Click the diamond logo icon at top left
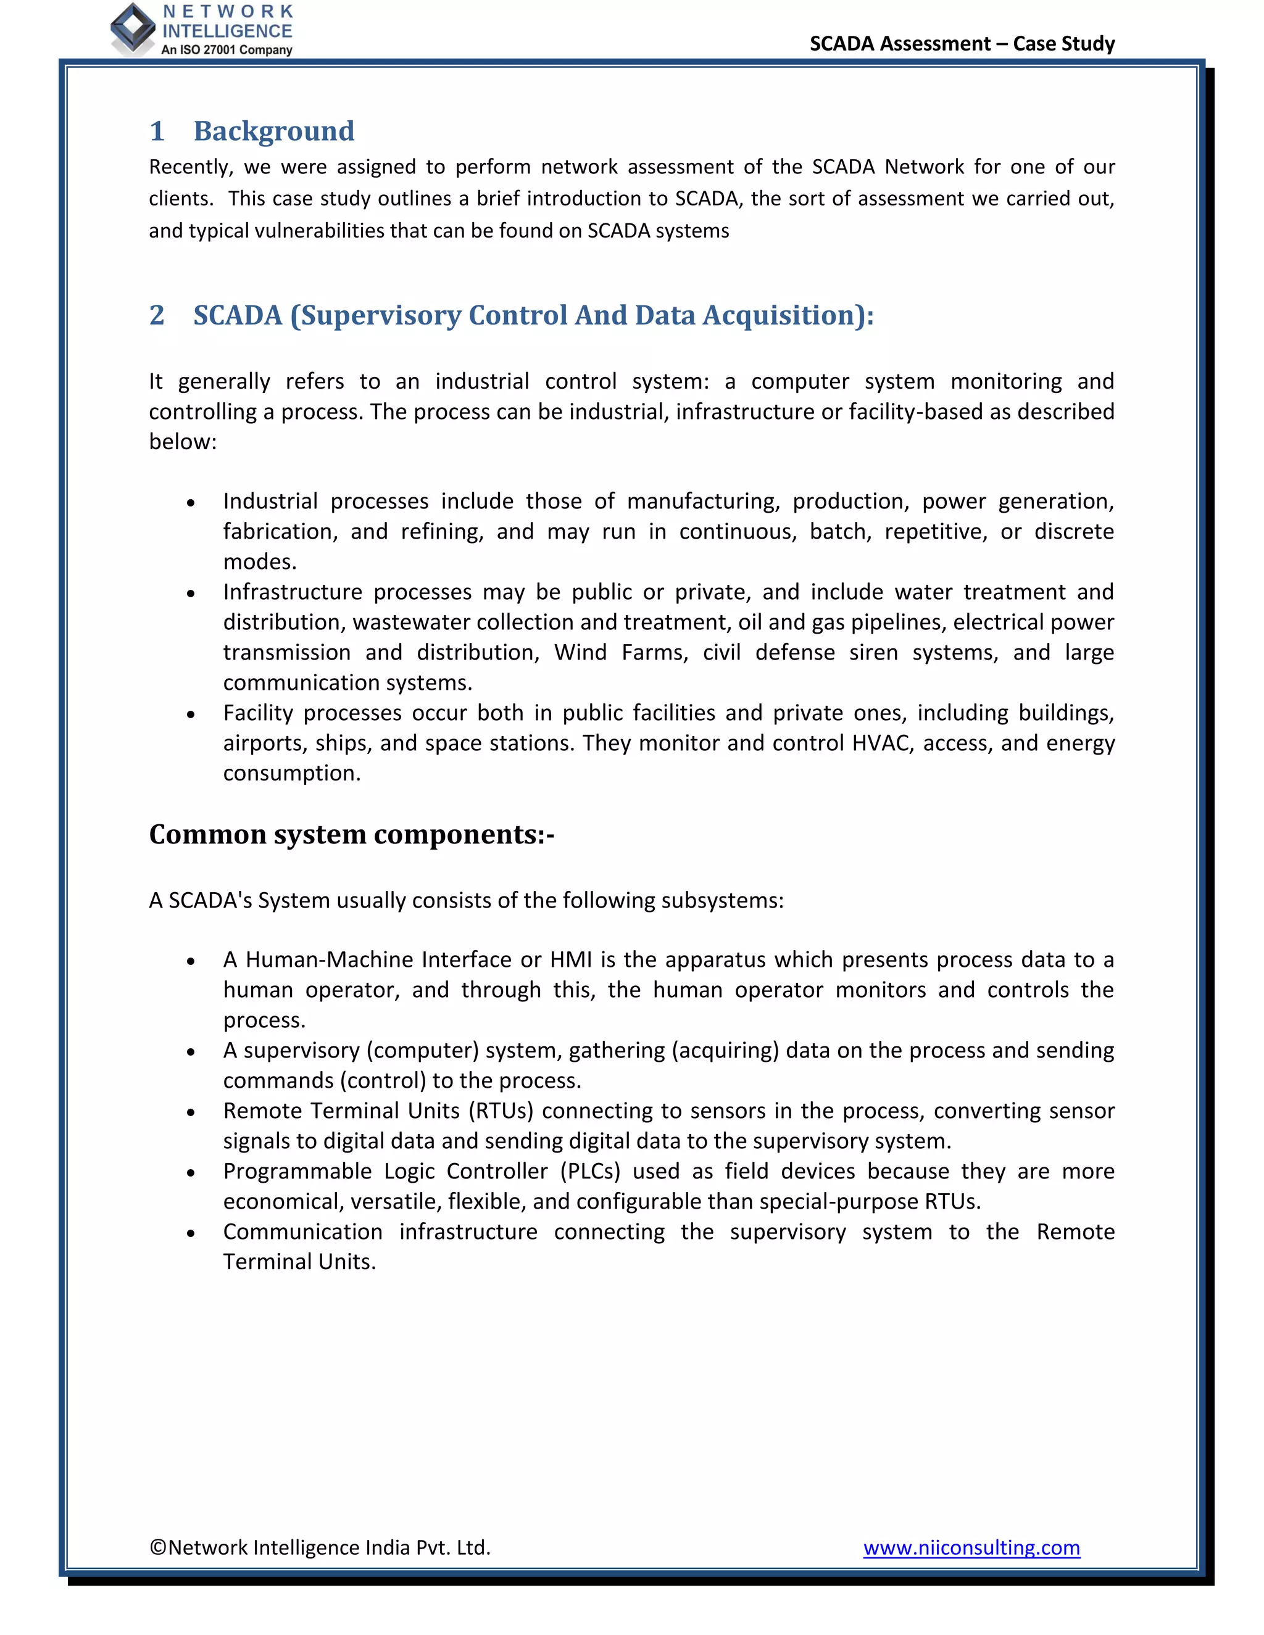coord(133,28)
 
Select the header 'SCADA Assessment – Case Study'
coord(962,43)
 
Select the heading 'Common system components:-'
coord(351,834)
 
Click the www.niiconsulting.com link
coord(971,1547)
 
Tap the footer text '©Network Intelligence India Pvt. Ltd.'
coord(320,1547)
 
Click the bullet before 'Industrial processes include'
coord(191,503)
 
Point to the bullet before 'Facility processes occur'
coord(191,715)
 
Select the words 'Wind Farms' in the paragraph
coord(619,652)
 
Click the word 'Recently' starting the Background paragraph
coord(190,167)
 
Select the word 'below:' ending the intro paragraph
coord(183,442)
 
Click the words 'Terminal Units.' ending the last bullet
coord(299,1262)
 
